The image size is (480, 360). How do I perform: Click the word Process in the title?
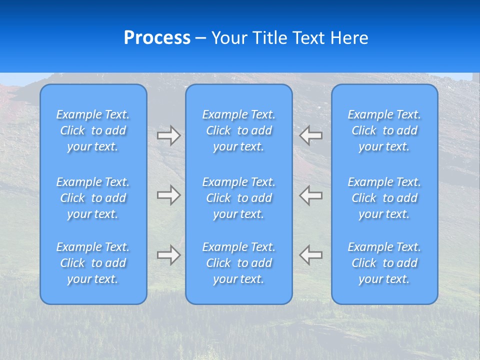(x=157, y=38)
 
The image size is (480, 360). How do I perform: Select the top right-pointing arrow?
(x=169, y=135)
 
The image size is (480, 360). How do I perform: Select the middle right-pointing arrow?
(x=169, y=195)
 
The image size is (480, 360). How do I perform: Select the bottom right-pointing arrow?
(x=169, y=255)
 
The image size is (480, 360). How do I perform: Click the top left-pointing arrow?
(x=311, y=135)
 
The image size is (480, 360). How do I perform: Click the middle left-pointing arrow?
(x=311, y=195)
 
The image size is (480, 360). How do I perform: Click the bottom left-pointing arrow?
(x=311, y=255)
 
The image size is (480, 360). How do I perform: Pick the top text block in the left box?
(x=93, y=130)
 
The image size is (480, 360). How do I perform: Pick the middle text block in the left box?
(x=93, y=198)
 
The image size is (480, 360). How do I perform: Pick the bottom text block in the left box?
(x=93, y=263)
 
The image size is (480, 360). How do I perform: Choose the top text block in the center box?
(x=239, y=130)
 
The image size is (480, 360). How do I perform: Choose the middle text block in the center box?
(x=239, y=198)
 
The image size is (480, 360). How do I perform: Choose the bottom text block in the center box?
(x=239, y=263)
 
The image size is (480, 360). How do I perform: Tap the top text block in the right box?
(x=384, y=130)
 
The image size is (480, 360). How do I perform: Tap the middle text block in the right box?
(x=384, y=198)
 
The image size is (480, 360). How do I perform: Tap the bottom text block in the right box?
(x=384, y=263)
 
